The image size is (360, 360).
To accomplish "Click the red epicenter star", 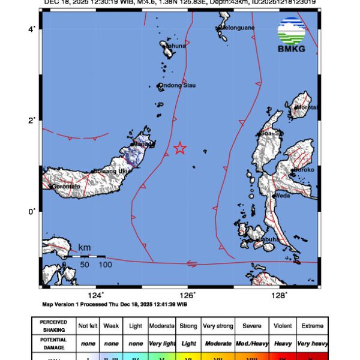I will click(179, 148).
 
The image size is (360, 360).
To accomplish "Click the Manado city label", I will click(143, 145).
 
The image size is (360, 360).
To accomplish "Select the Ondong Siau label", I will click(177, 86).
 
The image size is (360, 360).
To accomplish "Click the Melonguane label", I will click(236, 28).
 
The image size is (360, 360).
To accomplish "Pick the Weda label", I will click(283, 195).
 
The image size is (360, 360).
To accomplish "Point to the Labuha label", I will click(268, 240).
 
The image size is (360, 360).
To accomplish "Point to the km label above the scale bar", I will click(84, 247).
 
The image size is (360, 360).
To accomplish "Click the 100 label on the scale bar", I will click(105, 265).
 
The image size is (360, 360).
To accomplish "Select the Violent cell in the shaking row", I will click(282, 326).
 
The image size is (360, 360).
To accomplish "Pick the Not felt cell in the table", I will click(87, 326).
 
